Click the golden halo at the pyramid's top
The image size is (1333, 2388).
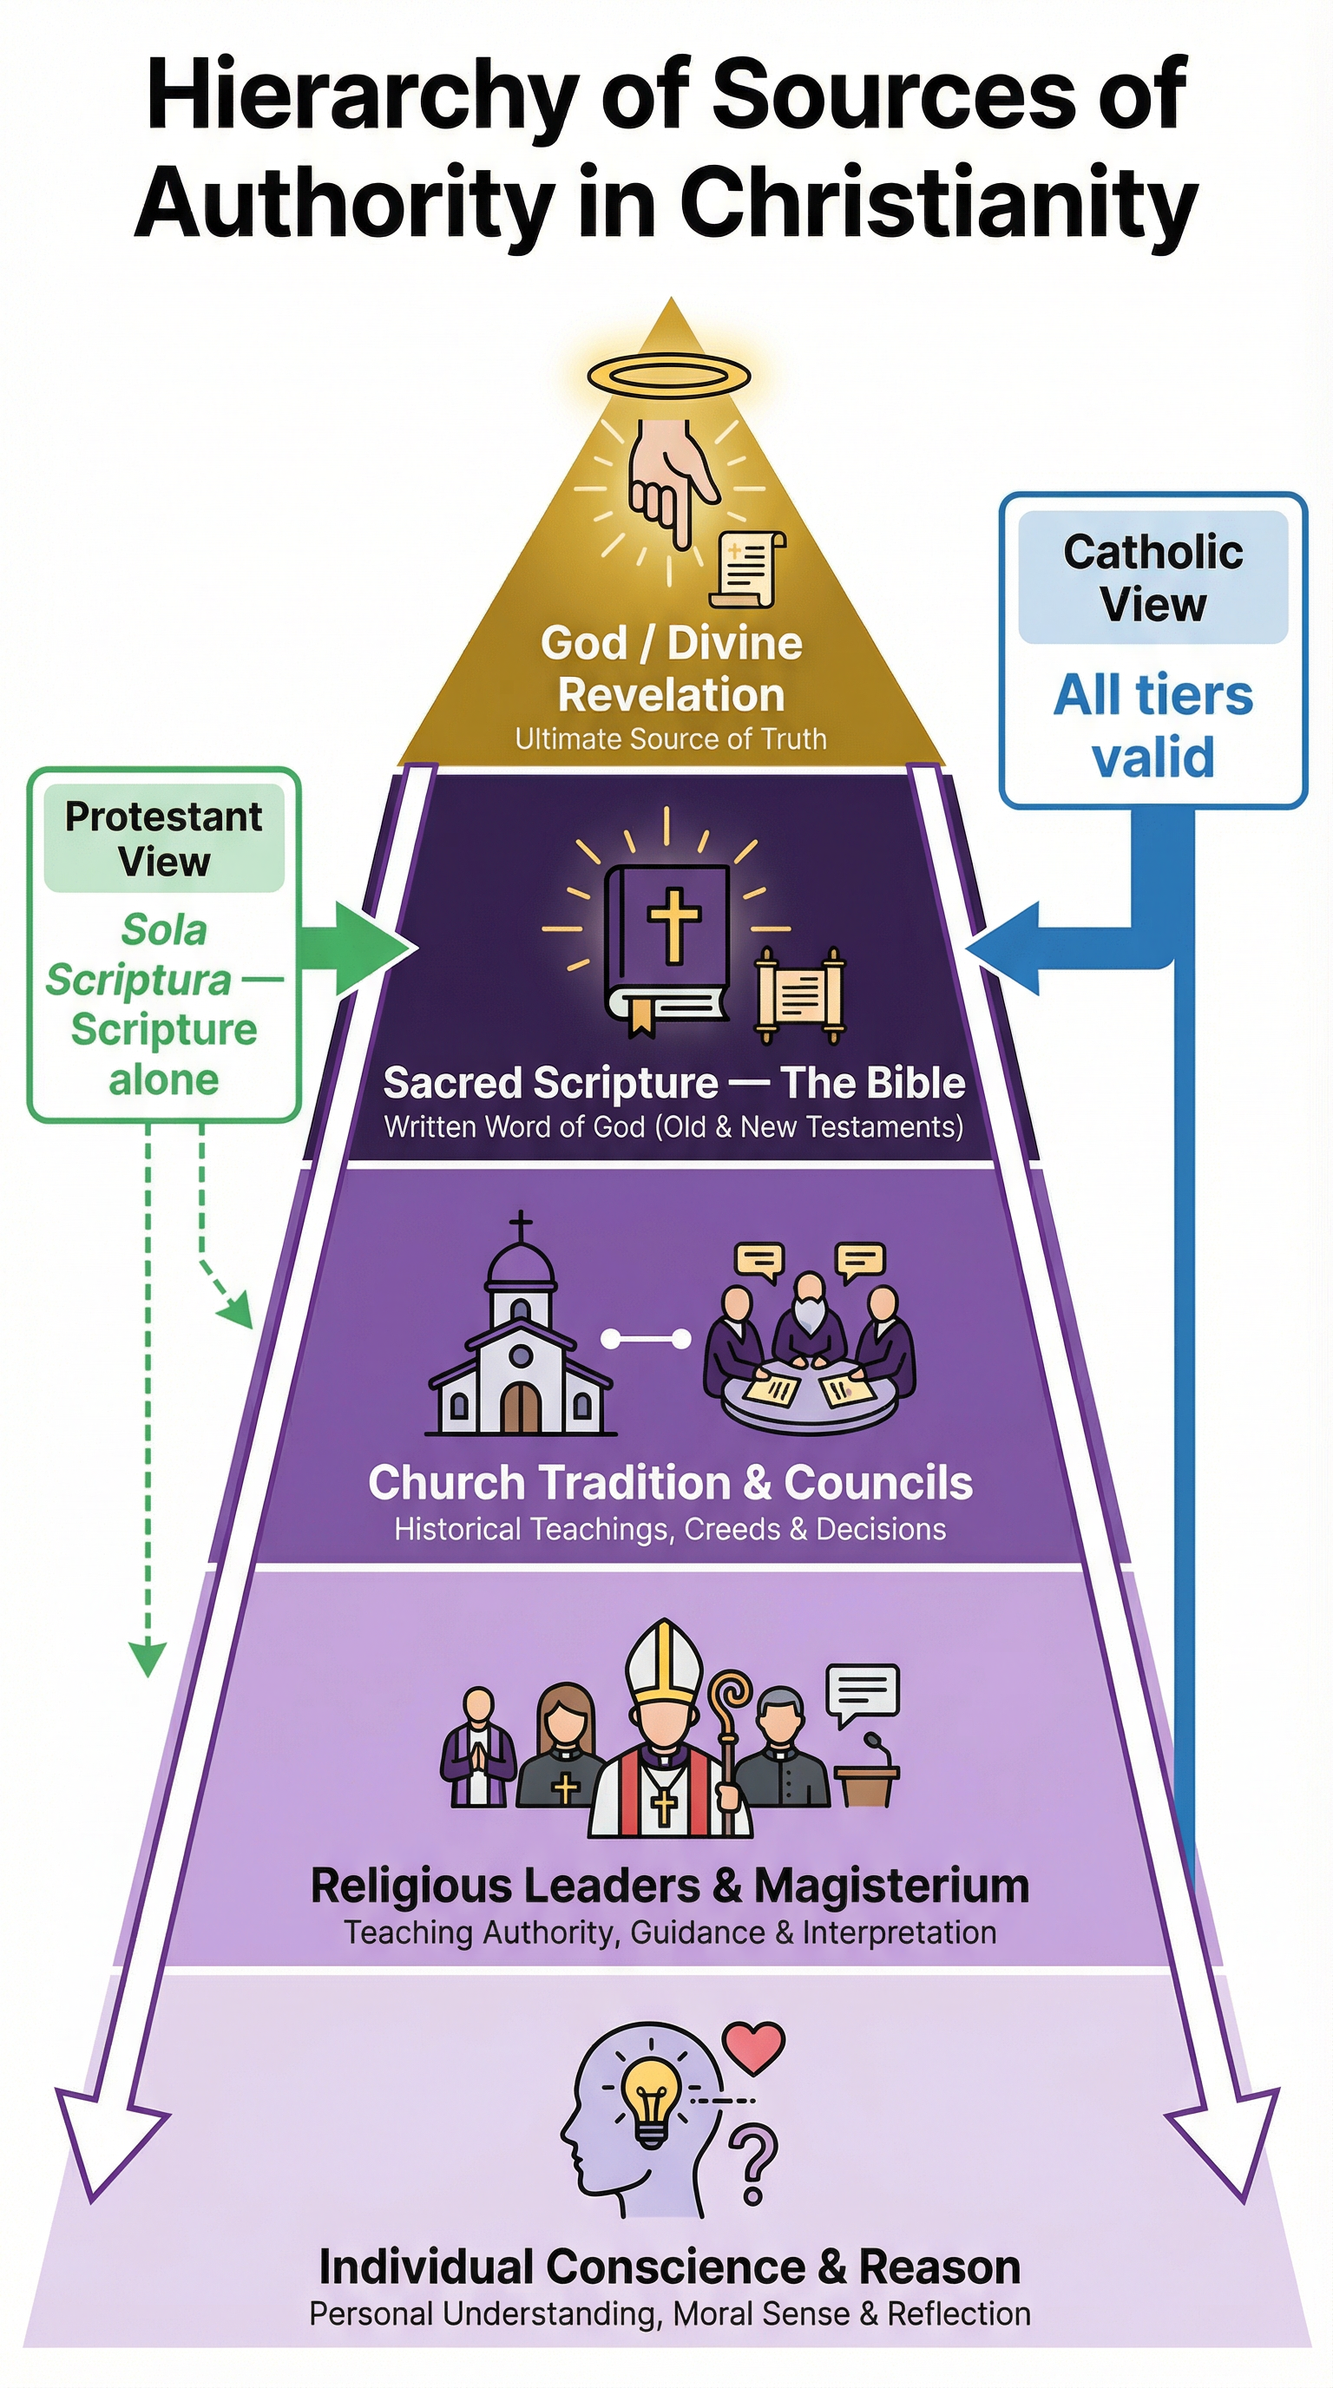click(668, 377)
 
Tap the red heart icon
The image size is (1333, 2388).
click(754, 2047)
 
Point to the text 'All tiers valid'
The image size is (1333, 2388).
click(1152, 725)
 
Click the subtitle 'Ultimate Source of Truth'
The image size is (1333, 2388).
click(670, 738)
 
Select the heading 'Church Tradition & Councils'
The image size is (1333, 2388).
click(670, 1482)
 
